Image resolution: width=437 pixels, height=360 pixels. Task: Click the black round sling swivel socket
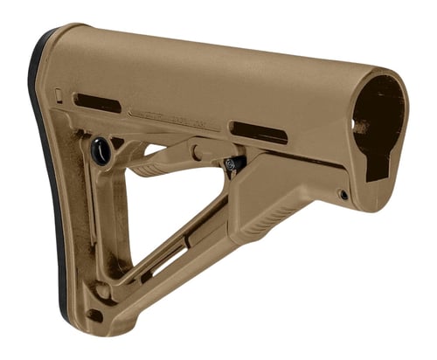tap(101, 150)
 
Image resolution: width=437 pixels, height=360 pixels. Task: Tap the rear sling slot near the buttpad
tap(96, 102)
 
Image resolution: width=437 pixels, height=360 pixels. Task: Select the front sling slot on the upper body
tap(259, 132)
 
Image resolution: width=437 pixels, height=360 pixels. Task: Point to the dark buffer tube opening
tap(378, 122)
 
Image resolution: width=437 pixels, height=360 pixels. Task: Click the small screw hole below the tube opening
tap(343, 194)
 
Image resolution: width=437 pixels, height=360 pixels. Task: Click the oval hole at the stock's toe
tap(94, 315)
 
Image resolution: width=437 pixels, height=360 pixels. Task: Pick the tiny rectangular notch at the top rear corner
tap(59, 93)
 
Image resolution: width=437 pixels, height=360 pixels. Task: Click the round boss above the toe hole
tap(103, 291)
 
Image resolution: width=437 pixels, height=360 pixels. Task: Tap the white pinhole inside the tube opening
tap(356, 125)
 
